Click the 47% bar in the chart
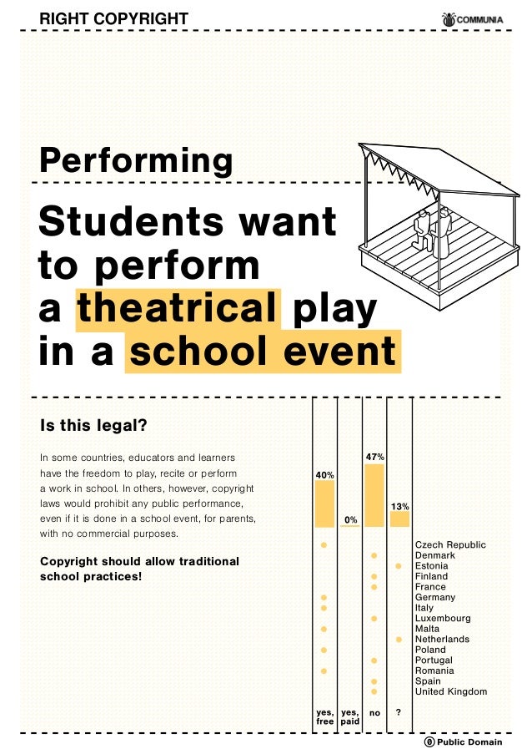pyautogui.click(x=374, y=495)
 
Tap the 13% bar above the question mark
pyautogui.click(x=399, y=519)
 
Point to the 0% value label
pyautogui.click(x=350, y=519)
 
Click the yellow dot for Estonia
pyautogui.click(x=399, y=566)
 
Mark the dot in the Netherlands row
pyautogui.click(x=399, y=640)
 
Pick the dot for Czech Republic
pyautogui.click(x=324, y=545)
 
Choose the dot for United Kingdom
pyautogui.click(x=374, y=691)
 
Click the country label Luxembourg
pyautogui.click(x=443, y=619)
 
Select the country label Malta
pyautogui.click(x=427, y=629)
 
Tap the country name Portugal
pyautogui.click(x=434, y=660)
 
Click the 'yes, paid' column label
pyautogui.click(x=350, y=716)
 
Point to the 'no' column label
pyautogui.click(x=374, y=713)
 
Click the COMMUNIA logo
pyautogui.click(x=472, y=19)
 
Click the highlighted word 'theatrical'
pyautogui.click(x=178, y=308)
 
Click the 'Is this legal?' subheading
pyautogui.click(x=93, y=426)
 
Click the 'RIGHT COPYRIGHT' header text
pyautogui.click(x=114, y=18)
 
